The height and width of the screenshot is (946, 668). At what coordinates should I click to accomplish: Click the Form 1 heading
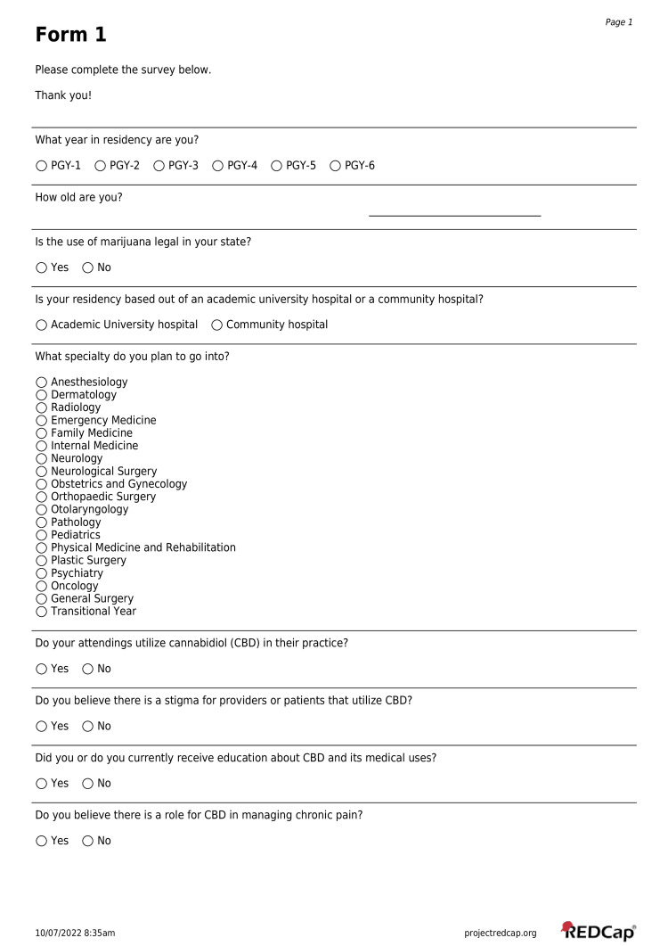(x=70, y=35)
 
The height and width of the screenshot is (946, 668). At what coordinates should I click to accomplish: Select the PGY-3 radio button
(x=159, y=166)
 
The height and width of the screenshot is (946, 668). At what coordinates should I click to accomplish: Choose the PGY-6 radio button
(x=336, y=166)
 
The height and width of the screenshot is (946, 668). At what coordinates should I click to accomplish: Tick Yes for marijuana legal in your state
(x=42, y=267)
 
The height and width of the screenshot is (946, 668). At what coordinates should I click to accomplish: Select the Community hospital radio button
(x=217, y=325)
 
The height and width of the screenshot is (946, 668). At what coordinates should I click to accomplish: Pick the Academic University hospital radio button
(x=42, y=325)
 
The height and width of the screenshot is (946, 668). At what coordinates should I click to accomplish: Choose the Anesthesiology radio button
(x=42, y=383)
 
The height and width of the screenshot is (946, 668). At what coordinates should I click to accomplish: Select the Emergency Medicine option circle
(x=42, y=421)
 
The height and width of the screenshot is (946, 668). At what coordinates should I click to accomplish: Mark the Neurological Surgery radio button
(x=42, y=472)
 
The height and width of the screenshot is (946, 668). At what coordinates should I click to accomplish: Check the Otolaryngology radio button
(x=42, y=510)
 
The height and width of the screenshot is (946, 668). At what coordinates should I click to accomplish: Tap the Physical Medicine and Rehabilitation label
(x=143, y=547)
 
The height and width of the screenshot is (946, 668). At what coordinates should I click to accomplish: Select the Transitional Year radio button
(x=42, y=612)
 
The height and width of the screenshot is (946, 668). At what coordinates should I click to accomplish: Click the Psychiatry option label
(x=77, y=573)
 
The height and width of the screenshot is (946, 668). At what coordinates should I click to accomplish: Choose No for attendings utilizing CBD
(x=87, y=669)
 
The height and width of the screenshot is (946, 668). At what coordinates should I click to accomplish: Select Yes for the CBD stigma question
(x=42, y=727)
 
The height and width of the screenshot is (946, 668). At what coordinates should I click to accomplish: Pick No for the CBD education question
(x=87, y=784)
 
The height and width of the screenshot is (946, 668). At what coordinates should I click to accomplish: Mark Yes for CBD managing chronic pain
(x=42, y=841)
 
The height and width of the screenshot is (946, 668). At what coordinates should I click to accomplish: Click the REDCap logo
(x=599, y=931)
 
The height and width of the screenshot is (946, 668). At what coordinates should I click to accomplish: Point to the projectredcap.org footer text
(x=501, y=933)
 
